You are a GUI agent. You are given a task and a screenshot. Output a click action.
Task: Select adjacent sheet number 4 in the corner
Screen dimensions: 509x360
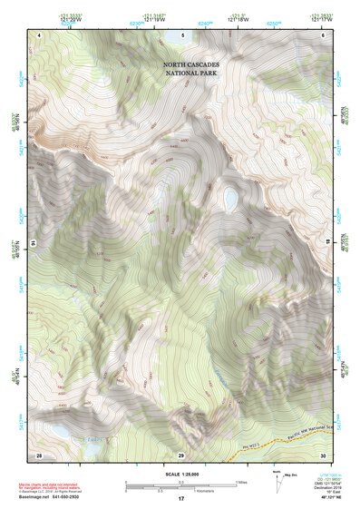[x=41, y=34]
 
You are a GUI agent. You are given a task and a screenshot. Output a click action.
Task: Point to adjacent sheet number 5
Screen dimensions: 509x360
[x=182, y=34]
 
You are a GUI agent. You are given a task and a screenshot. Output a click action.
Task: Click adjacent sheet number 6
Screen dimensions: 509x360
[x=324, y=34]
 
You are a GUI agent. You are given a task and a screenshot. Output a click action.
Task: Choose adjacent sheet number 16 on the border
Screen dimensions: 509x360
[x=33, y=244]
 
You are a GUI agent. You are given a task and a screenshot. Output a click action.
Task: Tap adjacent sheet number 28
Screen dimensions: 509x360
[x=39, y=455]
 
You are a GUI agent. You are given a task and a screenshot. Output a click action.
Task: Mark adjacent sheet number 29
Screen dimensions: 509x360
[x=181, y=455]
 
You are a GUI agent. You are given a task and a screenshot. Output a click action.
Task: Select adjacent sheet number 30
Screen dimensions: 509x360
[x=323, y=455]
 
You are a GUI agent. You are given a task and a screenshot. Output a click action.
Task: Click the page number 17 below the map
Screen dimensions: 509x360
[x=181, y=498]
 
